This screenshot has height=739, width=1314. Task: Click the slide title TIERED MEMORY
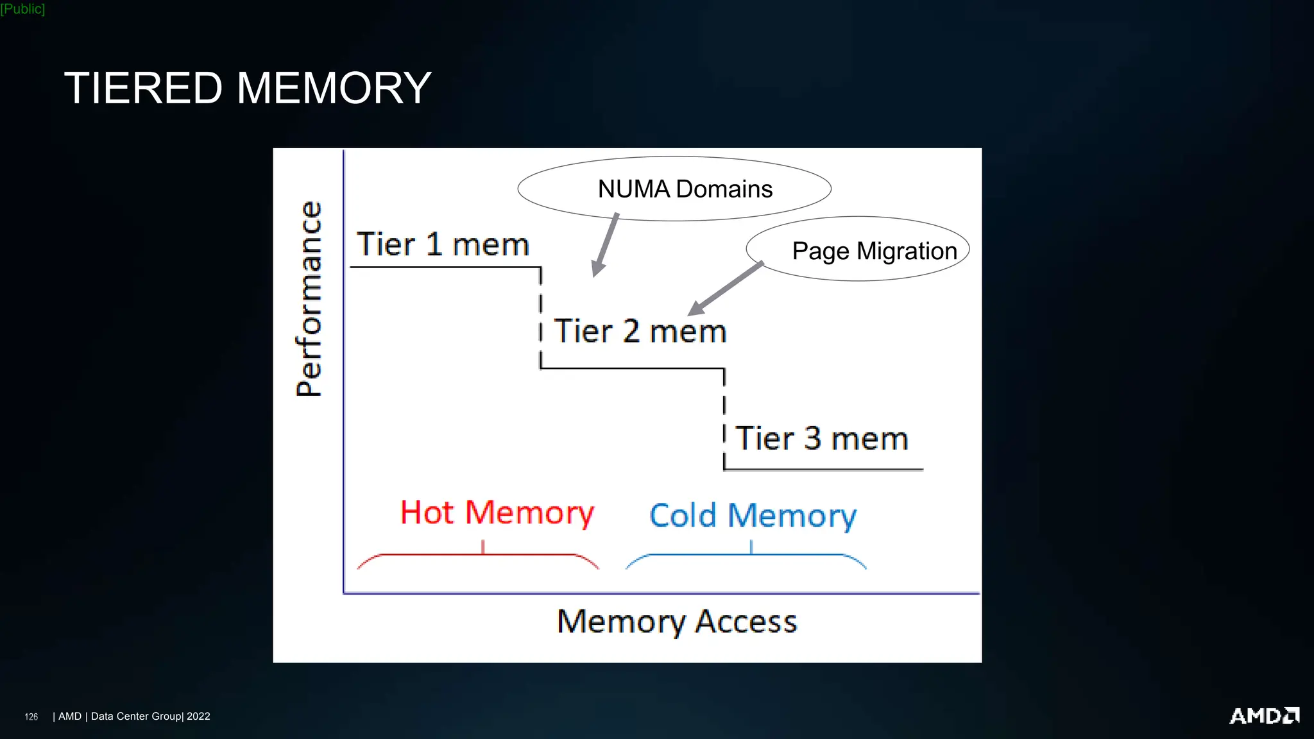248,88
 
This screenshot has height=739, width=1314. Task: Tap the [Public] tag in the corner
22,9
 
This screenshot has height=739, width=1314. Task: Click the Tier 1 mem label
443,244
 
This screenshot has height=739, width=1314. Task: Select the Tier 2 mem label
640,332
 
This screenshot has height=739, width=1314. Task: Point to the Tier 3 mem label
821,439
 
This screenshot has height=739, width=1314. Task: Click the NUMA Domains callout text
685,189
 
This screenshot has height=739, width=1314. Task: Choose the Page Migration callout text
874,251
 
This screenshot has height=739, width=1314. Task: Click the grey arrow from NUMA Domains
605,245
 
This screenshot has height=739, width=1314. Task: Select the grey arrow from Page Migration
726,289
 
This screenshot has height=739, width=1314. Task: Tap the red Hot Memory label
497,513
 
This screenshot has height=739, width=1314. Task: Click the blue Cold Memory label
753,516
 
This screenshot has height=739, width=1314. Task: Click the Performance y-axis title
309,299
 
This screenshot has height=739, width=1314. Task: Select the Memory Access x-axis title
676,622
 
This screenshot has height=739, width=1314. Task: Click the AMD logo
1263,716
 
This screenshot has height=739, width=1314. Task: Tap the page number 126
31,717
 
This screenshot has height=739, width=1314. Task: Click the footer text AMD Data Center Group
134,717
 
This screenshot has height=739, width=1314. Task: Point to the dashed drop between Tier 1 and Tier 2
540,318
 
